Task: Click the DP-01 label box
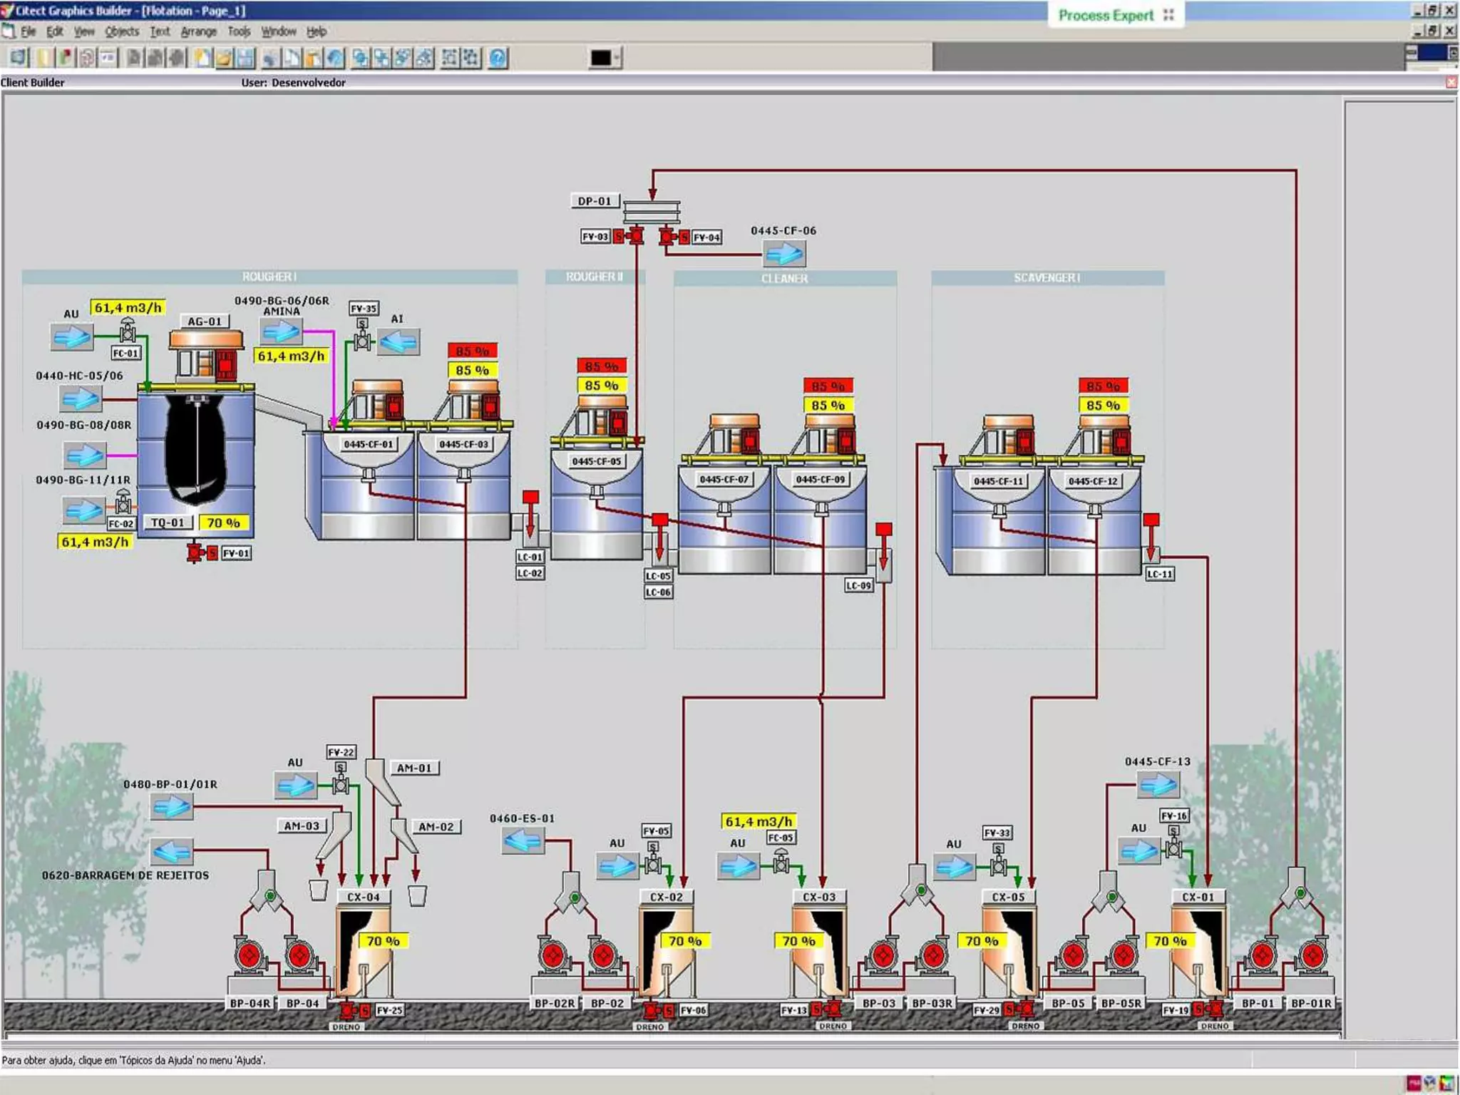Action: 595,201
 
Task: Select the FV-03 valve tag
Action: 595,237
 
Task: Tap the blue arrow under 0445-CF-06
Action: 784,253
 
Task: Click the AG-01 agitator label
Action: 205,322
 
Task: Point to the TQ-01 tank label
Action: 168,523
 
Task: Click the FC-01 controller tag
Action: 125,353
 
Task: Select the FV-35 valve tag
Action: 364,308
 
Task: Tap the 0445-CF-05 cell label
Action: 597,461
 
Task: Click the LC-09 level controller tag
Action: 859,585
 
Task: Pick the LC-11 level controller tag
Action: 1160,574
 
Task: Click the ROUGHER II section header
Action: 595,277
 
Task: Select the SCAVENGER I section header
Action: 1047,277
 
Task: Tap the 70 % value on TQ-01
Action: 224,523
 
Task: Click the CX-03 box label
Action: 819,897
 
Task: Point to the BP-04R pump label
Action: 250,1003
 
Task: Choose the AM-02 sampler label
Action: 436,827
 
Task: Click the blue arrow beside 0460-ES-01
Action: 523,841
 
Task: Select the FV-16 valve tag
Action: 1174,816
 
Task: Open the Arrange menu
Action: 198,31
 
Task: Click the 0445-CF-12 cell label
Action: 1093,481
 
